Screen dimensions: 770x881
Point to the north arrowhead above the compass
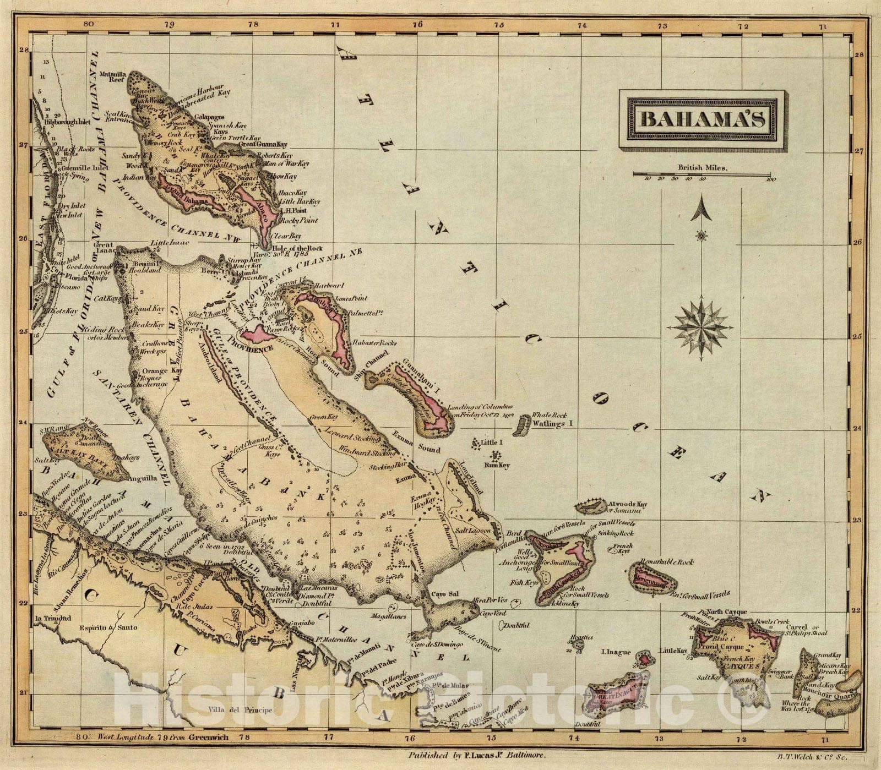point(701,210)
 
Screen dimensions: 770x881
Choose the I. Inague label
point(615,652)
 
